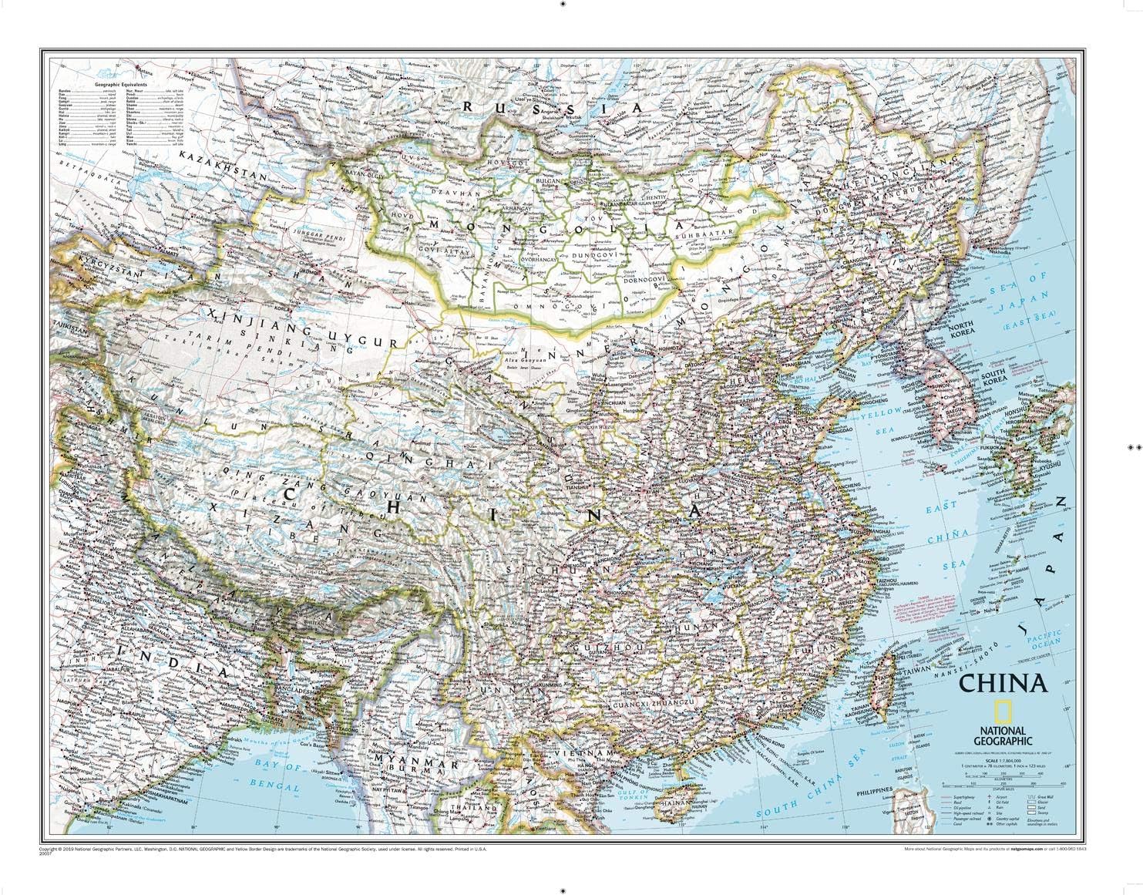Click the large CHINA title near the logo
pyautogui.click(x=1002, y=685)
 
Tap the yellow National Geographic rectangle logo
pyautogui.click(x=1001, y=712)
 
